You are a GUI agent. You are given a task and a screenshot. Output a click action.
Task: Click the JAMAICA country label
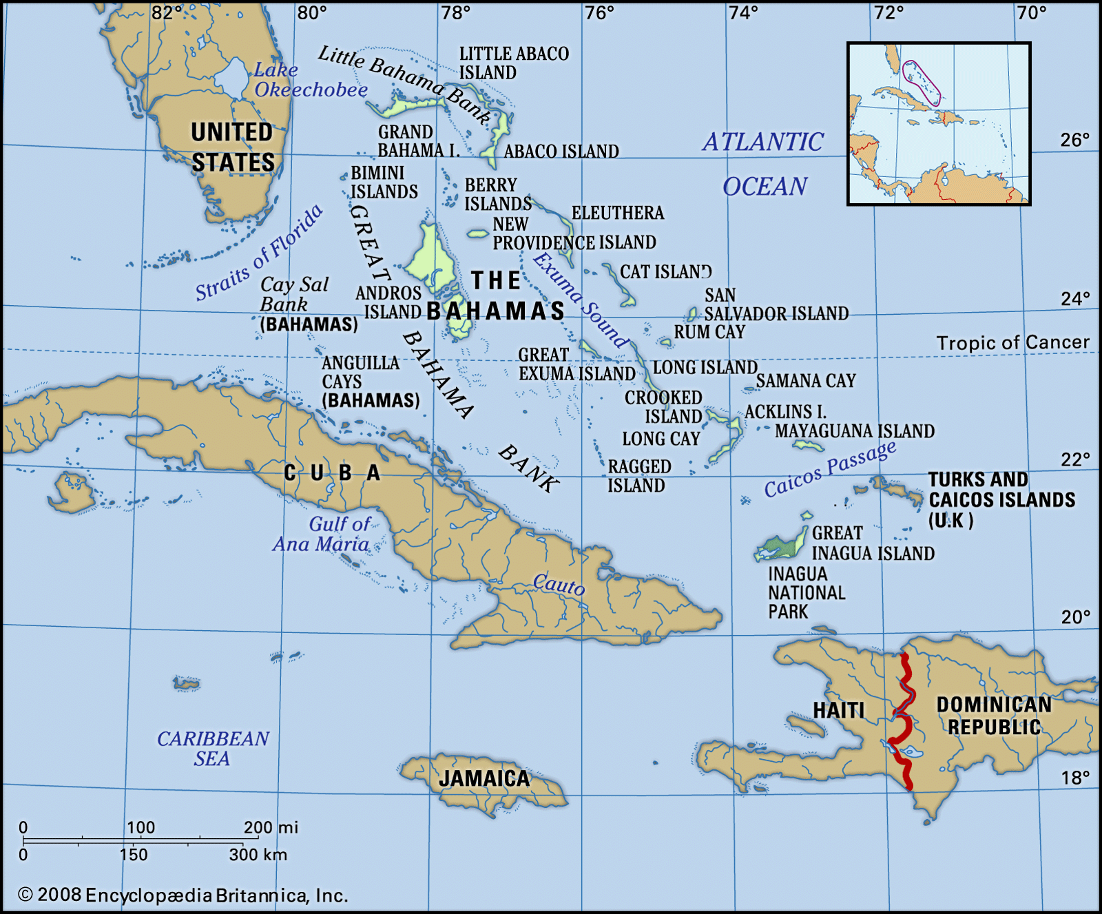click(x=484, y=778)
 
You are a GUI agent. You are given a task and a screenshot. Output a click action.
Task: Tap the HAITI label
click(x=838, y=710)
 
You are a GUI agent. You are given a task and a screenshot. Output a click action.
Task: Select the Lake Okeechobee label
click(x=310, y=80)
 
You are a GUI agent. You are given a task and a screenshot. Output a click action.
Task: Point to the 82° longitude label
click(x=167, y=12)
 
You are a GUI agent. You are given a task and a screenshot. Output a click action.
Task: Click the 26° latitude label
click(x=1074, y=140)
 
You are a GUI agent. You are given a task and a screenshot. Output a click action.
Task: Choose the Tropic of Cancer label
click(x=1012, y=342)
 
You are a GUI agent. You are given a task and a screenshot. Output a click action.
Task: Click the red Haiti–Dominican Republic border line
click(x=905, y=723)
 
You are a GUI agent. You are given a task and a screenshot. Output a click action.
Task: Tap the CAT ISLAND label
click(x=665, y=272)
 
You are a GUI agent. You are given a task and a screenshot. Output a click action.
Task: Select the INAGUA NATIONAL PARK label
click(x=806, y=592)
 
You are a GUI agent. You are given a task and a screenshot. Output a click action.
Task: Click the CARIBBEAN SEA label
click(x=213, y=748)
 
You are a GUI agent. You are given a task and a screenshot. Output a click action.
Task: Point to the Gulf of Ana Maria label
click(x=322, y=534)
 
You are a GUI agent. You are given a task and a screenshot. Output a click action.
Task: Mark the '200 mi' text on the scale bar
click(x=271, y=827)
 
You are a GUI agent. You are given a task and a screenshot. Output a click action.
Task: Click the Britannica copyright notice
click(x=183, y=895)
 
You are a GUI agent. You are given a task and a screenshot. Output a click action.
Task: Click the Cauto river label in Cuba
click(x=559, y=584)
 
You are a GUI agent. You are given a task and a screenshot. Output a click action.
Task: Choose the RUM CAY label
click(x=709, y=332)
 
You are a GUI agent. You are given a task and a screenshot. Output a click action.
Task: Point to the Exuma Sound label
click(x=580, y=299)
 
